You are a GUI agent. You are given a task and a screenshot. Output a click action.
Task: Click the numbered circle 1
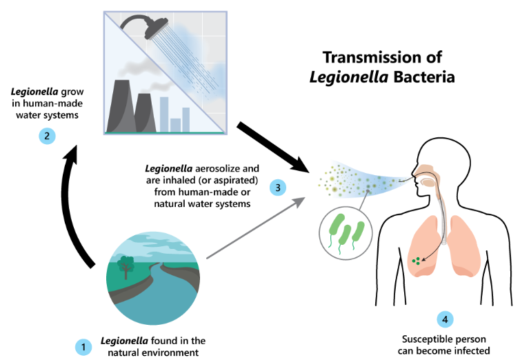[83, 347]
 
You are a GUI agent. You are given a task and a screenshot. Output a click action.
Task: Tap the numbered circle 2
[47, 136]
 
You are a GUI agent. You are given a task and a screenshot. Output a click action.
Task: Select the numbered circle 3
[277, 188]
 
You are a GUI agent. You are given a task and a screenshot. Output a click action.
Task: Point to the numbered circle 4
[445, 319]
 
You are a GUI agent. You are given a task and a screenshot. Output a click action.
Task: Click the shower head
[156, 28]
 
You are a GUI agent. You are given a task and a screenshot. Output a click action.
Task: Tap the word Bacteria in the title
[424, 77]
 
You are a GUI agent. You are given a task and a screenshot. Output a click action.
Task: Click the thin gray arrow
[255, 228]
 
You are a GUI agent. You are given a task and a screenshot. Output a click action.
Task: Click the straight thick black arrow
[274, 148]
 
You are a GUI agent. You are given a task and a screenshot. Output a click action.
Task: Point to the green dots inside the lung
[416, 261]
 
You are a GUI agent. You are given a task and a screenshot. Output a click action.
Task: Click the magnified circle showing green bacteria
[346, 233]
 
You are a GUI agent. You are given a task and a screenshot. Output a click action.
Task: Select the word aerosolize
[217, 168]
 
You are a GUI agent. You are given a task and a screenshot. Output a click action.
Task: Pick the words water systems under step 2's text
[47, 115]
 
